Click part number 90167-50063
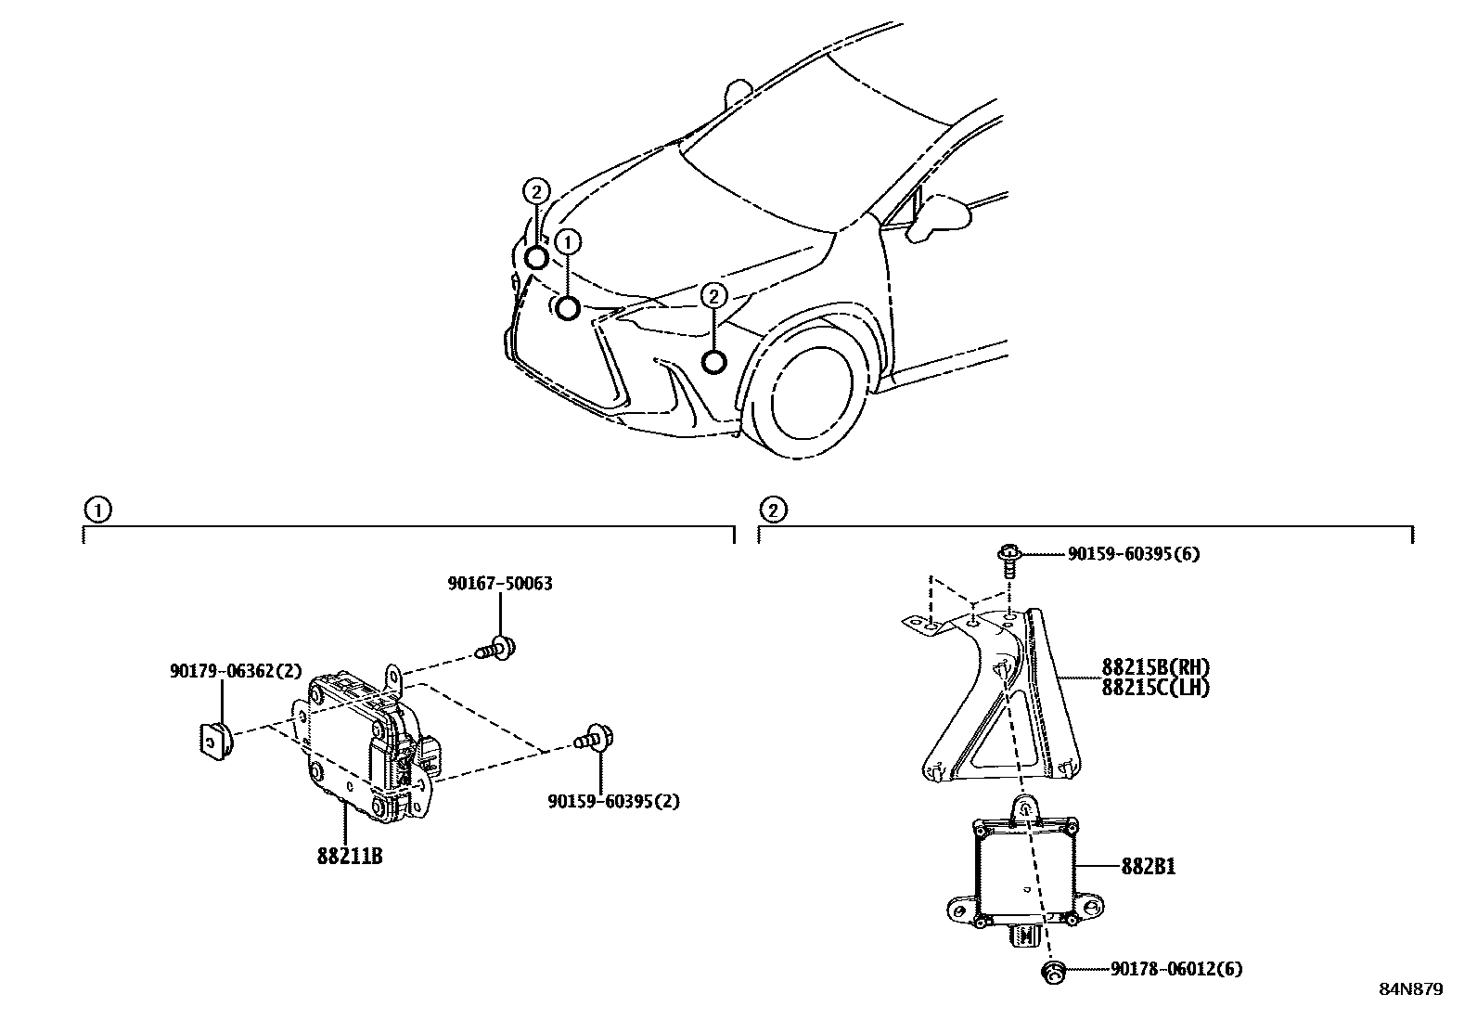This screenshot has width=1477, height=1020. click(x=499, y=584)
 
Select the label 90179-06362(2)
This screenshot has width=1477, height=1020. click(x=223, y=671)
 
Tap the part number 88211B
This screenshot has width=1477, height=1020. click(x=349, y=856)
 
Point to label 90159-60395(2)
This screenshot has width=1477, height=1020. click(x=612, y=801)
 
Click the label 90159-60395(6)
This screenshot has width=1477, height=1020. click(x=1133, y=554)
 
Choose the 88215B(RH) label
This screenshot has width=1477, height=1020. click(x=1156, y=667)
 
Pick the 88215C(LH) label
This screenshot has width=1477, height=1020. click(x=1156, y=688)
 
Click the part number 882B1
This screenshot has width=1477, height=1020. click(x=1149, y=867)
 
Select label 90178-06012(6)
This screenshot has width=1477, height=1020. click(x=1175, y=970)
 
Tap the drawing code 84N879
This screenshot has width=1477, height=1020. click(x=1409, y=989)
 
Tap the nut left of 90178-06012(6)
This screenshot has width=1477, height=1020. click(x=1052, y=971)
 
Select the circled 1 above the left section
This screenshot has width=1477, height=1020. click(x=96, y=509)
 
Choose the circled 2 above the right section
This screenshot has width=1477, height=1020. click(x=772, y=509)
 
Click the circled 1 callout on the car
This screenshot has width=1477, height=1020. click(x=568, y=242)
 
